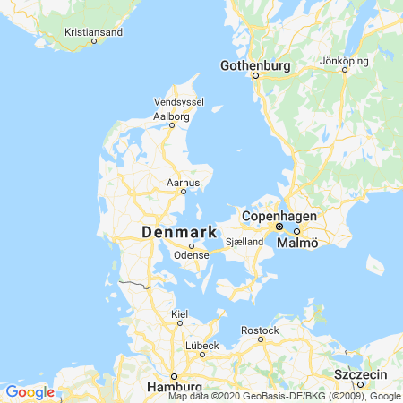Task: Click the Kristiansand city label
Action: [94, 31]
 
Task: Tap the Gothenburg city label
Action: [256, 65]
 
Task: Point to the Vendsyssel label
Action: [174, 103]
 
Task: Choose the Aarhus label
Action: [182, 182]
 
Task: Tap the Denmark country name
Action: [180, 233]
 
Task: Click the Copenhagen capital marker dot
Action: [279, 227]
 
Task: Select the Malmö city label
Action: [296, 243]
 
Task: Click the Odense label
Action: [191, 255]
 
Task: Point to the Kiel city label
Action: [179, 313]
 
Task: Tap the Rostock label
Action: [261, 330]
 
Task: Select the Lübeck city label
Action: [201, 345]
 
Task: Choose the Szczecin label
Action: [358, 373]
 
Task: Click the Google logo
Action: [30, 391]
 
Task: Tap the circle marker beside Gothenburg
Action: [255, 76]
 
